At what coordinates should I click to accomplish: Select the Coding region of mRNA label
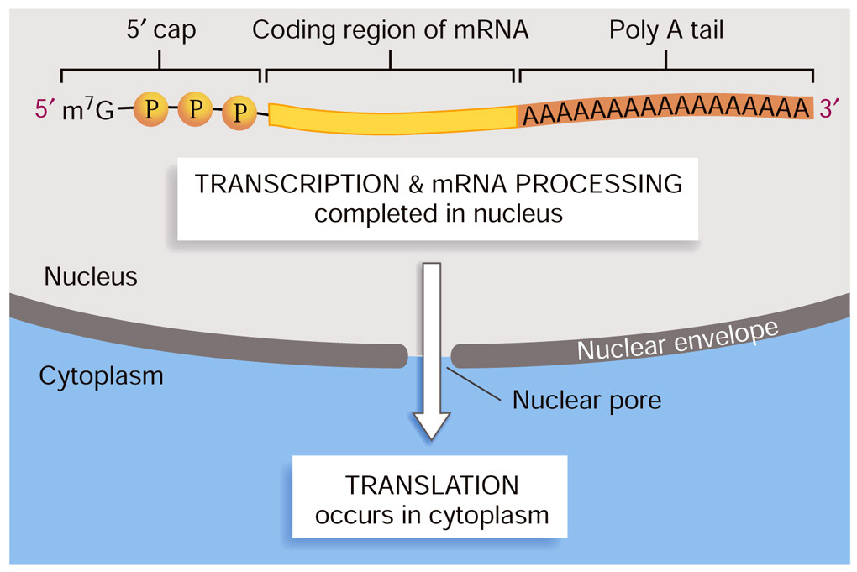pyautogui.click(x=391, y=31)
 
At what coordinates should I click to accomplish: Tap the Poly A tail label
pyautogui.click(x=666, y=31)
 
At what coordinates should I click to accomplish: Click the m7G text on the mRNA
pyautogui.click(x=87, y=110)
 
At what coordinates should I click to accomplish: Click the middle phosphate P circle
pyautogui.click(x=196, y=108)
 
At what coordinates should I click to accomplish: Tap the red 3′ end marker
pyautogui.click(x=829, y=108)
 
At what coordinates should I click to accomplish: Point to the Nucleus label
pyautogui.click(x=91, y=276)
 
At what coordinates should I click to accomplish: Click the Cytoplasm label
pyautogui.click(x=101, y=376)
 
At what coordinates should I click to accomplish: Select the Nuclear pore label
pyautogui.click(x=586, y=399)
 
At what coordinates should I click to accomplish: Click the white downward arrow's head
pyautogui.click(x=432, y=423)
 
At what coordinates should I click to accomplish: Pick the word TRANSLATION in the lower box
pyautogui.click(x=432, y=485)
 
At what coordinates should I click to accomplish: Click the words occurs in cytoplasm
pyautogui.click(x=432, y=514)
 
